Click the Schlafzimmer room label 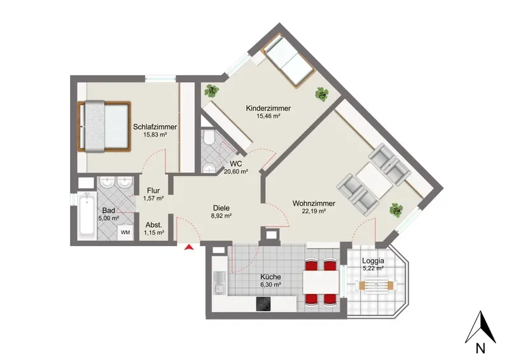[155, 127]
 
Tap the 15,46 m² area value [268, 116]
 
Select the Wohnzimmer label [314, 204]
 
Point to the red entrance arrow [189, 247]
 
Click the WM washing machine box [125, 232]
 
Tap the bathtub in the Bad [87, 212]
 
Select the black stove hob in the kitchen [263, 304]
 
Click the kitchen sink [220, 283]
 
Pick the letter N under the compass [480, 349]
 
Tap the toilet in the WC [209, 137]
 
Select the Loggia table [376, 286]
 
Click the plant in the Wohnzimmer [396, 210]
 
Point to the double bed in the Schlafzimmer [104, 126]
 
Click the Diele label [221, 208]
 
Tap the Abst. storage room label [153, 225]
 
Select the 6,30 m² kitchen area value [270, 285]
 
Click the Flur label [153, 191]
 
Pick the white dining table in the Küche [321, 281]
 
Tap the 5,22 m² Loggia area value [373, 268]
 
